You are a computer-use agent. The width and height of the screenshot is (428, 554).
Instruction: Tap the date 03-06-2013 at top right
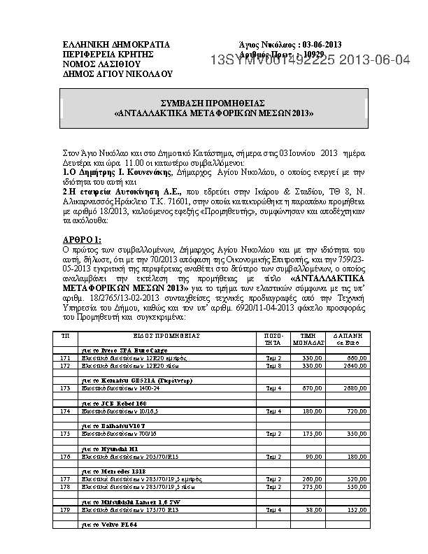pos(331,44)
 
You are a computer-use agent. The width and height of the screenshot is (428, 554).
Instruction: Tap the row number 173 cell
pos(66,387)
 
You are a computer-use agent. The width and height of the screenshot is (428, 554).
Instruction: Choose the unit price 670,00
pos(312,387)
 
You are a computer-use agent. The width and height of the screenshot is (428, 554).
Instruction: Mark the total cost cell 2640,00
pos(357,365)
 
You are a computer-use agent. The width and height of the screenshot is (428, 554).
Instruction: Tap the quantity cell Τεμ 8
pos(273,365)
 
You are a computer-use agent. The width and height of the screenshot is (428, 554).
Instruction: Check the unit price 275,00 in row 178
pos(312,486)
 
